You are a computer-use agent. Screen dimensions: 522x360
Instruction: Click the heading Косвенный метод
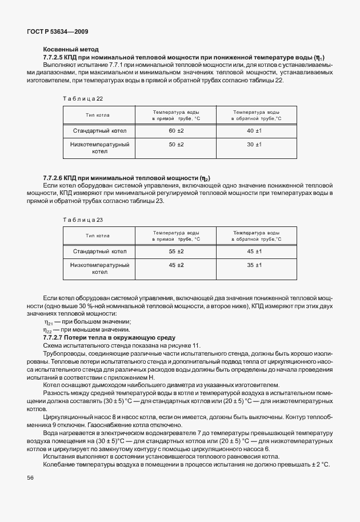pyautogui.click(x=71, y=49)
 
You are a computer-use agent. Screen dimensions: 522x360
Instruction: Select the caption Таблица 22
pyautogui.click(x=83, y=98)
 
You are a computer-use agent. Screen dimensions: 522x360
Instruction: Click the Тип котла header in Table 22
pyautogui.click(x=97, y=115)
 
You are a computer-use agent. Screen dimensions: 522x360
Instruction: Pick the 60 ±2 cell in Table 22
pyautogui.click(x=176, y=131)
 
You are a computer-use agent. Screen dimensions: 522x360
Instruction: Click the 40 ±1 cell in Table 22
pyautogui.click(x=254, y=131)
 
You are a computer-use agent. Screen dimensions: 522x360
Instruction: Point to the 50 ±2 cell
pyautogui.click(x=176, y=145)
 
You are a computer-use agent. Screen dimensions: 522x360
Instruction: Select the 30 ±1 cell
pyautogui.click(x=254, y=145)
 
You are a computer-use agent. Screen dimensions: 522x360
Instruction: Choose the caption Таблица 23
pyautogui.click(x=83, y=220)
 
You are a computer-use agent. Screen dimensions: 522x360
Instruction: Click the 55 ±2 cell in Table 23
pyautogui.click(x=176, y=251)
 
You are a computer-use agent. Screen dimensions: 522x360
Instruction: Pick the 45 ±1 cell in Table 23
pyautogui.click(x=254, y=251)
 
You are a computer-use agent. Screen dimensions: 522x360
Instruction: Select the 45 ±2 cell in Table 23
pyautogui.click(x=176, y=265)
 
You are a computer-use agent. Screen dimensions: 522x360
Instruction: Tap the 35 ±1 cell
pyautogui.click(x=254, y=265)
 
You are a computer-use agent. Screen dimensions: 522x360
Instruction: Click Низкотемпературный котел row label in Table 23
pyautogui.click(x=99, y=269)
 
